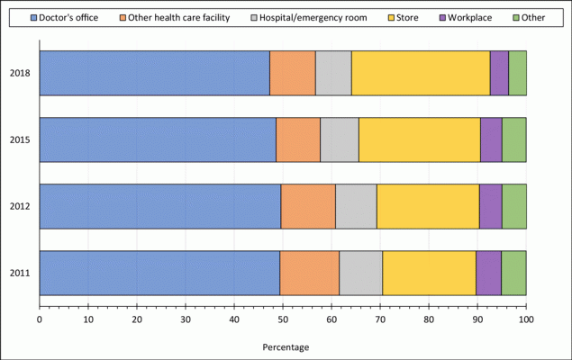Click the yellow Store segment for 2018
pos(421,73)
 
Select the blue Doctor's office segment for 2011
pos(159,273)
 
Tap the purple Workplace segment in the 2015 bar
pos(491,139)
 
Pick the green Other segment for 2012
pos(513,206)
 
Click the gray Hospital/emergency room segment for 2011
pos(360,273)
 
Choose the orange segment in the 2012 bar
pos(308,206)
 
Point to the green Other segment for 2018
pos(517,73)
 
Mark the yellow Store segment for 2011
pos(429,273)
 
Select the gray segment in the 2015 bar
pos(340,139)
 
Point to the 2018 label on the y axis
pos(21,73)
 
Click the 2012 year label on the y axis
pos(21,206)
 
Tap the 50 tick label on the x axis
pos(283,319)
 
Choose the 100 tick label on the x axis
pos(526,319)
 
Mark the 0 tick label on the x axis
pos(40,319)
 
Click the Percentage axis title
pos(286,347)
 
